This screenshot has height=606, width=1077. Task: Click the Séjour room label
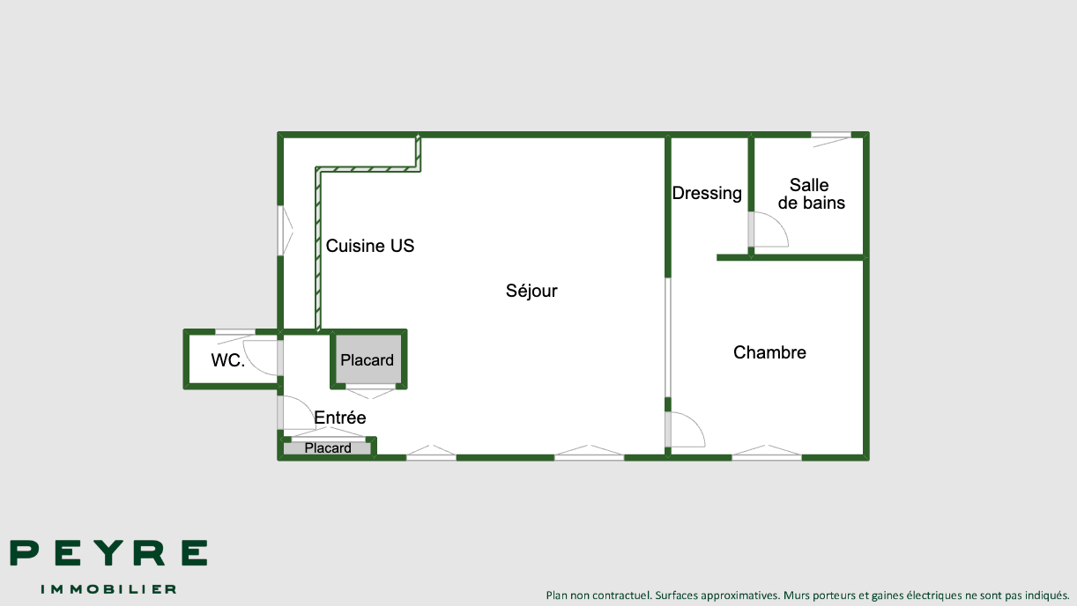coord(531,292)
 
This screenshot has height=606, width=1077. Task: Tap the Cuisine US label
coord(370,246)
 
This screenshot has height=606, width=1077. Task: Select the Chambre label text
coord(769,352)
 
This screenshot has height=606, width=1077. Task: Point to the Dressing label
coord(707,194)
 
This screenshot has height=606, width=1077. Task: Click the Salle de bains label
coord(811,194)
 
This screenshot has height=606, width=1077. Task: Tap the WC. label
coord(228,360)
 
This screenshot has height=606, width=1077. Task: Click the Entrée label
coord(340,418)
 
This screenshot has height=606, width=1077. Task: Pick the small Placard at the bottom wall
coord(328,447)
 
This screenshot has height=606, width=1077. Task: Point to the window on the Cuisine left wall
coord(285,231)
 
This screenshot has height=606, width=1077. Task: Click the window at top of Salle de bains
coord(831,139)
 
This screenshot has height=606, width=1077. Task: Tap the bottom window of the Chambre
coord(767,453)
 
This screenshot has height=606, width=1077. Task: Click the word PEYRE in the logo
coord(108,552)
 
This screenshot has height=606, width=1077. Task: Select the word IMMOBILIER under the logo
coord(108,589)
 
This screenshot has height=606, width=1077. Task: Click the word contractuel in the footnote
coord(621,595)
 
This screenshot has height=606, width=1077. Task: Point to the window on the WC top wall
coord(235,335)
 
